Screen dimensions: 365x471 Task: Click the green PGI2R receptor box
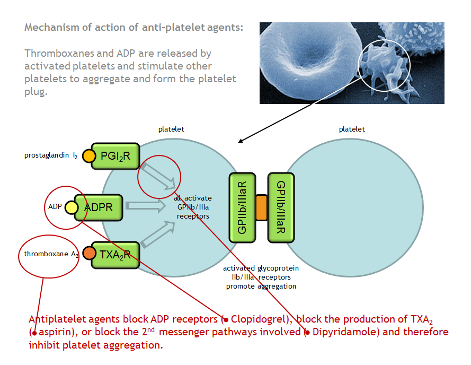pyautogui.click(x=115, y=156)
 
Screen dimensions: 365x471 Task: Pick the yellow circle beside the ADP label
pyautogui.click(x=72, y=207)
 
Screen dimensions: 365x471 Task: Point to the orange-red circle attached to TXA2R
pyautogui.click(x=89, y=254)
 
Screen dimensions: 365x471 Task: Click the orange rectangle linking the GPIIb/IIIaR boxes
pyautogui.click(x=261, y=207)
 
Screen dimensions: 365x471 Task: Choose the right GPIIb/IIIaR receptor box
pyautogui.click(x=280, y=207)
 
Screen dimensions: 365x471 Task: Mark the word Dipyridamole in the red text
pyautogui.click(x=342, y=332)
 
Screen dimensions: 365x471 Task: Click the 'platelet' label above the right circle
pyautogui.click(x=352, y=129)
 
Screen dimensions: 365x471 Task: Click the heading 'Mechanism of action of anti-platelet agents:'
pyautogui.click(x=134, y=27)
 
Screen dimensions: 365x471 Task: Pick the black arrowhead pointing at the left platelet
pyautogui.click(x=241, y=141)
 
